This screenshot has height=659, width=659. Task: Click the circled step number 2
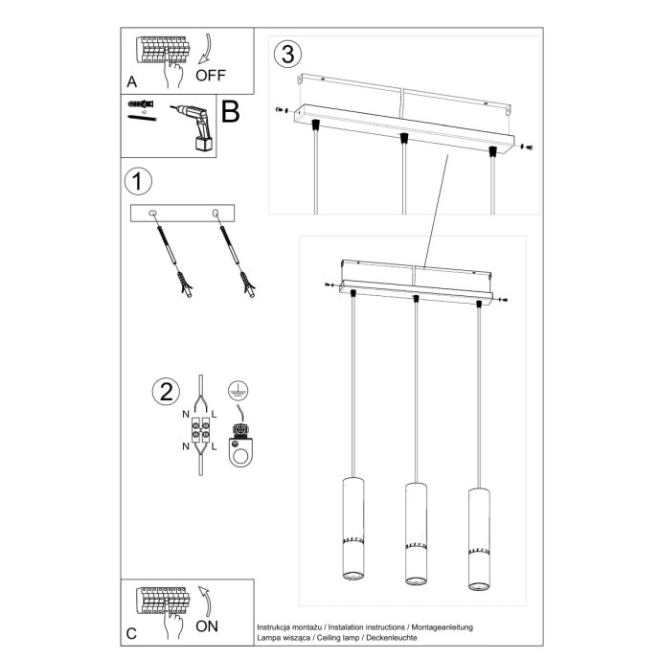pos(166,391)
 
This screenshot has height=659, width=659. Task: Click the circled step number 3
pos(285,53)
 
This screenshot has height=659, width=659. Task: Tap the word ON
pos(207,626)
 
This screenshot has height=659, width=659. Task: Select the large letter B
pos(230,112)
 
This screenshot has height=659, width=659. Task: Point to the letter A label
pos(131,82)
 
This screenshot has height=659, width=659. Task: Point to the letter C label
pos(131,633)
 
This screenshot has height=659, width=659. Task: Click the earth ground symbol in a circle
pos(236,389)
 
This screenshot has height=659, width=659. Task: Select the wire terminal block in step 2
pos(201,432)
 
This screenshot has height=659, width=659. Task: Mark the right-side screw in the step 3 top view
pos(526,148)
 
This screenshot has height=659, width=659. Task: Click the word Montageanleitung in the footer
pos(441,626)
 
